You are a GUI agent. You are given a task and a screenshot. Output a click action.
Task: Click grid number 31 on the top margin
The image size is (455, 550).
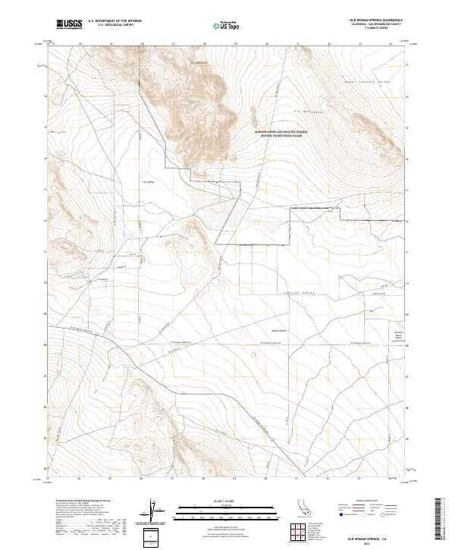[x=297, y=43]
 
